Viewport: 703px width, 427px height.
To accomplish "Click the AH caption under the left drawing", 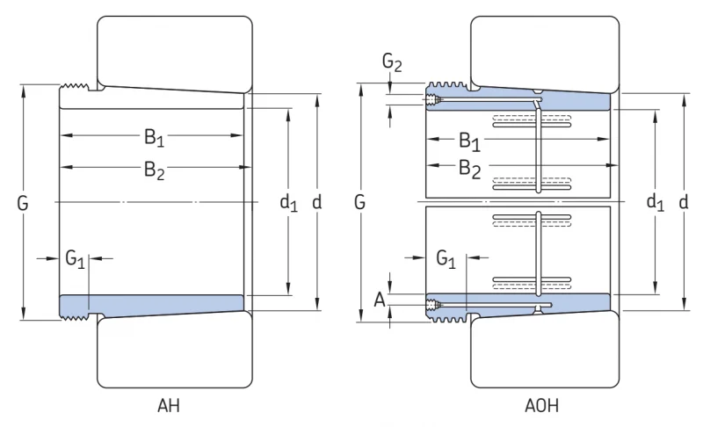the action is (x=169, y=406).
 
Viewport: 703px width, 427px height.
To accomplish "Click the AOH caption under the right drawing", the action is (x=541, y=406).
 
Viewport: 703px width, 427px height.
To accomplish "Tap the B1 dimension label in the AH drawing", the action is (x=155, y=137).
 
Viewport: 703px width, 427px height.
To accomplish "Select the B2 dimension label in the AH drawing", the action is (x=155, y=170).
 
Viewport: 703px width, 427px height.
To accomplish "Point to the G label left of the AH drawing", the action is (x=23, y=203).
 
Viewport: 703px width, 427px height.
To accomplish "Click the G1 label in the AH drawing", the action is (x=75, y=259).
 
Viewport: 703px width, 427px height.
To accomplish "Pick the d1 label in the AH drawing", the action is (x=288, y=203).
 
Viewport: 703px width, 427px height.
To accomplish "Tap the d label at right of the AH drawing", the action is (x=316, y=203).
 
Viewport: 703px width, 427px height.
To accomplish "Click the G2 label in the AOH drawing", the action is (x=392, y=62).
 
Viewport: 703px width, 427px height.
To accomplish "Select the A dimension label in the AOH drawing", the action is (x=380, y=300).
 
